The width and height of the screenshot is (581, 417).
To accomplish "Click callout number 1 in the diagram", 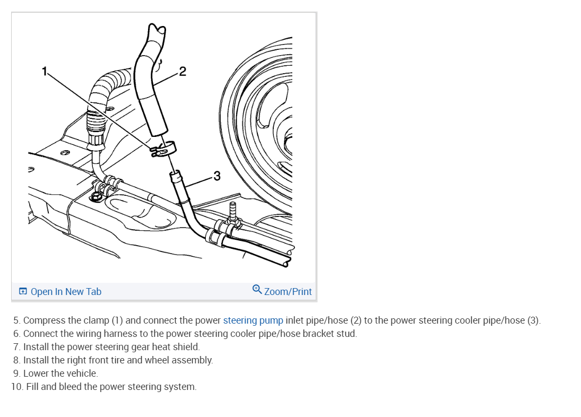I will (46, 71).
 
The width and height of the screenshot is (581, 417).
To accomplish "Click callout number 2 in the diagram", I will (183, 72).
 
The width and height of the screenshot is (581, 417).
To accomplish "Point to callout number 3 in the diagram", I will (216, 176).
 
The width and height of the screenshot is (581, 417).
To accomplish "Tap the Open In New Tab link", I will (66, 292).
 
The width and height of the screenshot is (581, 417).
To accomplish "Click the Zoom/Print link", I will (288, 292).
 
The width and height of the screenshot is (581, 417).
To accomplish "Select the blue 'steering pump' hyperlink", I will (253, 320).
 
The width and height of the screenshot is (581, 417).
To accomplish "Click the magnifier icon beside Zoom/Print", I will (257, 289).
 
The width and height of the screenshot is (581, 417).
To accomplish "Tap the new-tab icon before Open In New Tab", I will (23, 292).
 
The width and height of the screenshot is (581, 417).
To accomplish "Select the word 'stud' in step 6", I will (348, 334).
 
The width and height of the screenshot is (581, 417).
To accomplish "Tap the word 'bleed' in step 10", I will (70, 387).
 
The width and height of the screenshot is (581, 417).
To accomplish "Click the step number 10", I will (16, 387).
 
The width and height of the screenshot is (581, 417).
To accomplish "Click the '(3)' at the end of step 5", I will (533, 320).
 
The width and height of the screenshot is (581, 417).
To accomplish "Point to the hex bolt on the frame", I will (97, 198).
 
